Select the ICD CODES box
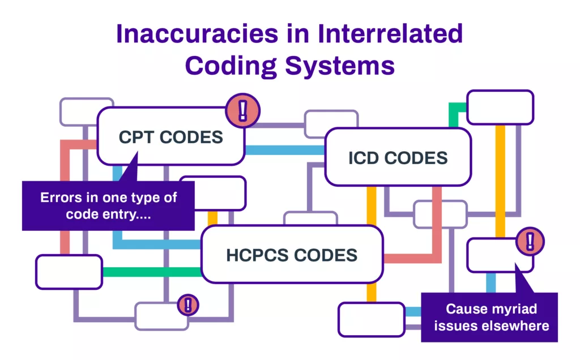(398, 157)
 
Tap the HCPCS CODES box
(292, 255)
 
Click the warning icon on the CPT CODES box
(243, 110)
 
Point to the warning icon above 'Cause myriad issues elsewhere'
(530, 241)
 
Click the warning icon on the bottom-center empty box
(188, 305)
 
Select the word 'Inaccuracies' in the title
(197, 33)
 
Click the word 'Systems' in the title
(340, 66)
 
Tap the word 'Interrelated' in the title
(390, 33)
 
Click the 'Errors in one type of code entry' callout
(108, 205)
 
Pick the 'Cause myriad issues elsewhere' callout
(489, 317)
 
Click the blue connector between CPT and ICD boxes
(285, 150)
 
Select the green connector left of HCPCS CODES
(152, 272)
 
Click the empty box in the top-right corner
(500, 107)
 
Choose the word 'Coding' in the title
(231, 66)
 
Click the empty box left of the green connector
(69, 272)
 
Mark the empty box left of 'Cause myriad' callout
(372, 319)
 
